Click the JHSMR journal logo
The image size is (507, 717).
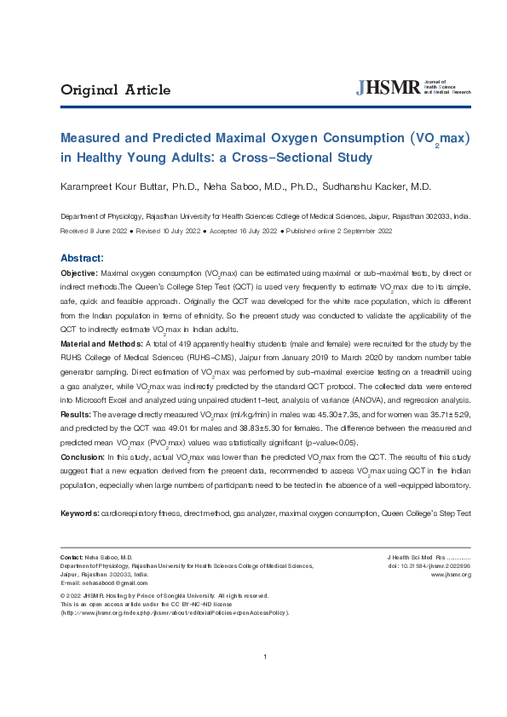412,88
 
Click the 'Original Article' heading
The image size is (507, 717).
115,90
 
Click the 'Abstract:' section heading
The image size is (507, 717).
82,258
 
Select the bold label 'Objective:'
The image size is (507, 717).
78,272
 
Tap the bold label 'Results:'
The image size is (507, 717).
75,414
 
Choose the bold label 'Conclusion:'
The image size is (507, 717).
82,456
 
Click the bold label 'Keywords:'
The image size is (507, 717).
80,513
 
